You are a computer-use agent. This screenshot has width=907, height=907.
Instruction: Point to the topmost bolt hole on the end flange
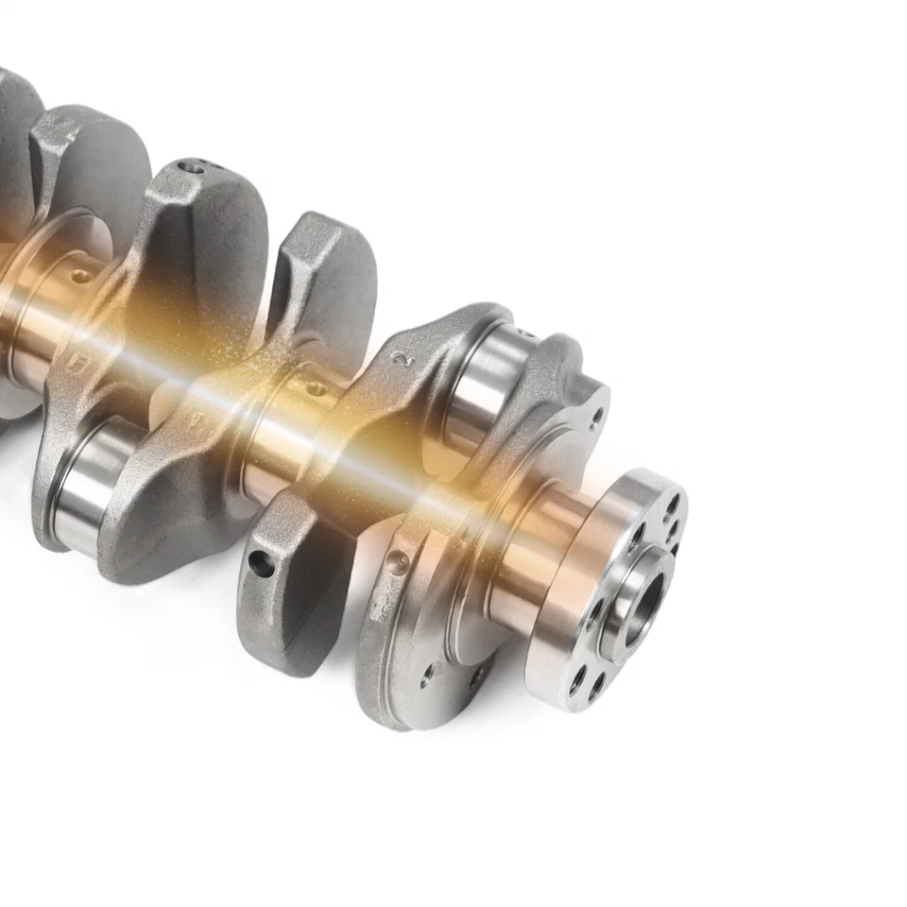(672, 504)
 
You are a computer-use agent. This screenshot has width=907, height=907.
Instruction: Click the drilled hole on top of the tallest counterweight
(194, 167)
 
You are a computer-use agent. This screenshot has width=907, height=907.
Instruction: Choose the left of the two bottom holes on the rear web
(431, 674)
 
